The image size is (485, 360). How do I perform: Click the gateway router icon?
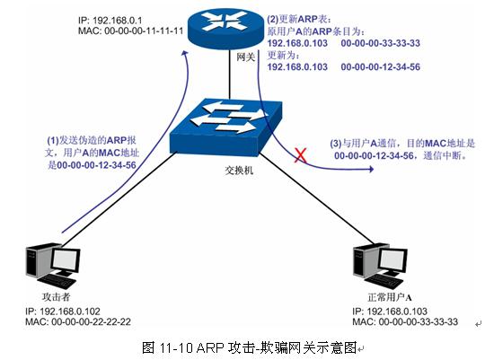point(225,27)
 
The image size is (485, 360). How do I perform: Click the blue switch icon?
point(225,127)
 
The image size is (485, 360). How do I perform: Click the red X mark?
point(300,155)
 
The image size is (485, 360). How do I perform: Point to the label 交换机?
point(239,171)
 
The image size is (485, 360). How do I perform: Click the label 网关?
point(246,57)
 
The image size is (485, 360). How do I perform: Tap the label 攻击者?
point(57,297)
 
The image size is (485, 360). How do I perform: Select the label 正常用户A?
point(390,297)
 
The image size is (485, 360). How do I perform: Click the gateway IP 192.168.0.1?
point(118,21)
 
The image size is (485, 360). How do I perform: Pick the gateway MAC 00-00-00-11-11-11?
point(144,31)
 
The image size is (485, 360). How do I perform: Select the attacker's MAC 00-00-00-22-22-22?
point(91,321)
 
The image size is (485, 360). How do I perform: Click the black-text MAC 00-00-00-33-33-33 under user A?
point(419,321)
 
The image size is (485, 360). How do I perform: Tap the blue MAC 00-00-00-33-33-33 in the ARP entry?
point(381,43)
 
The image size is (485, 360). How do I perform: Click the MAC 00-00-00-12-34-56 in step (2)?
point(381,66)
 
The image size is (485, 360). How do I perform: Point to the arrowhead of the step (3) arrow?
point(371,169)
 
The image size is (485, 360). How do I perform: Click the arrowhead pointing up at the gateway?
point(185,53)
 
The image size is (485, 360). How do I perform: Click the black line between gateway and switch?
point(230,75)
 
